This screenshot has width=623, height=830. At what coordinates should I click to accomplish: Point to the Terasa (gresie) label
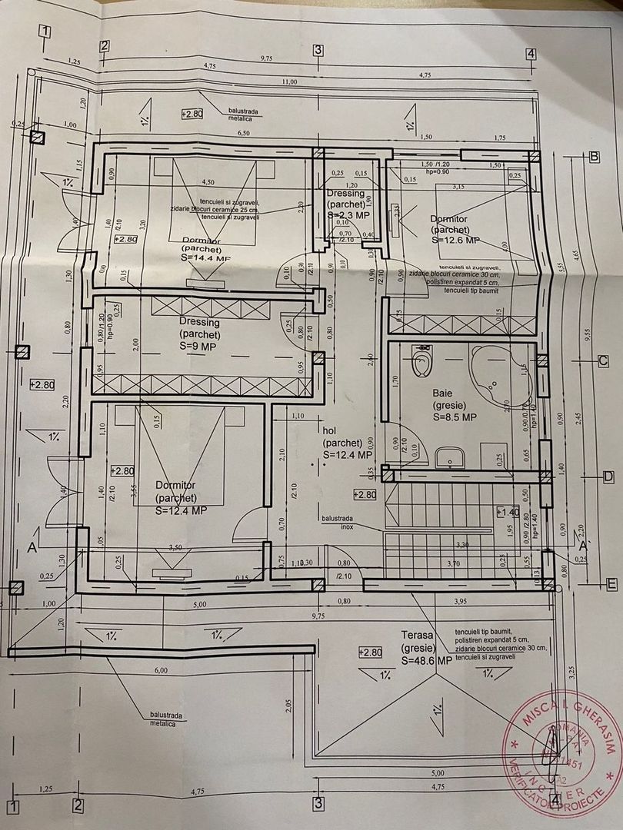(x=419, y=641)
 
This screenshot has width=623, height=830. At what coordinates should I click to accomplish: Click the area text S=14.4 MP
(x=206, y=259)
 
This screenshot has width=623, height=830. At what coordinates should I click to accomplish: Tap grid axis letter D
(x=607, y=476)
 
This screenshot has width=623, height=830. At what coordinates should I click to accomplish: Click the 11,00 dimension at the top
(x=288, y=81)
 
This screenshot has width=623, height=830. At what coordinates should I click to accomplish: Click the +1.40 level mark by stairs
(x=511, y=511)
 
